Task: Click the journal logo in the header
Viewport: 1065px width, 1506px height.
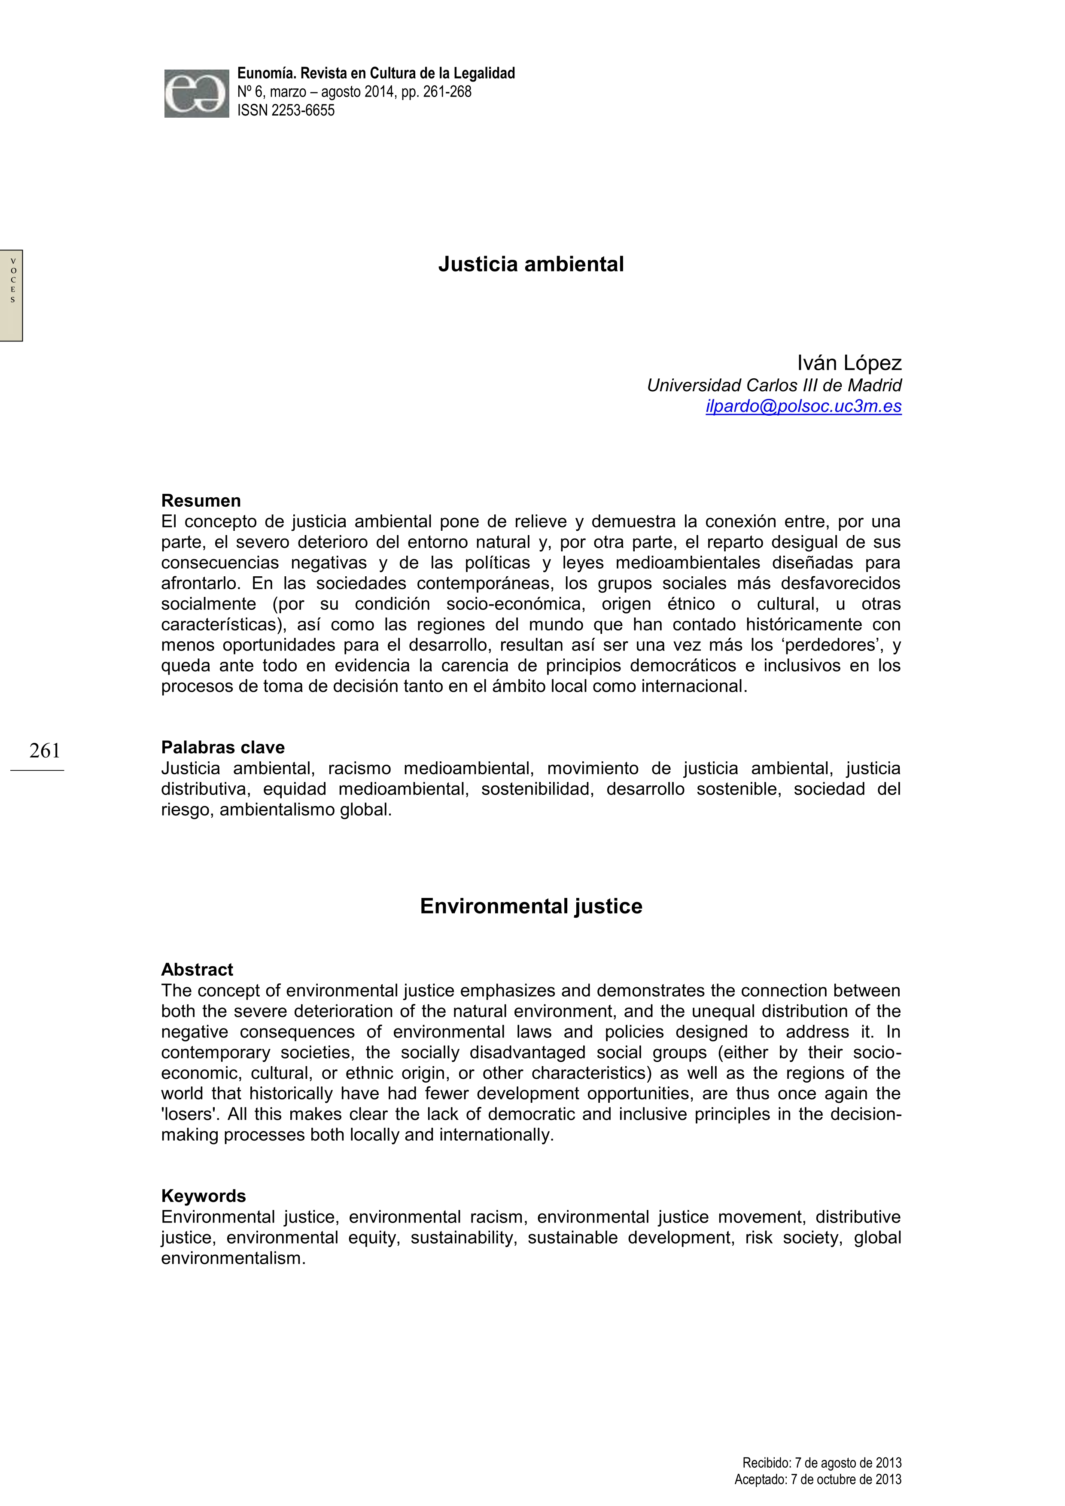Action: [196, 94]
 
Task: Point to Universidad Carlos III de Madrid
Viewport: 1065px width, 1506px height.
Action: [774, 386]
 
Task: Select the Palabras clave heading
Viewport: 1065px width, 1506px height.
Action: [222, 748]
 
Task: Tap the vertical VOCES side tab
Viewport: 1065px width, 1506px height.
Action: [12, 295]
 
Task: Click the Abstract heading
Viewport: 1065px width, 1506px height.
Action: [197, 970]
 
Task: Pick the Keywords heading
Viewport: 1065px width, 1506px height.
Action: [203, 1196]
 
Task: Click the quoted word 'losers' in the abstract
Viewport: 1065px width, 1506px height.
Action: [190, 1114]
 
